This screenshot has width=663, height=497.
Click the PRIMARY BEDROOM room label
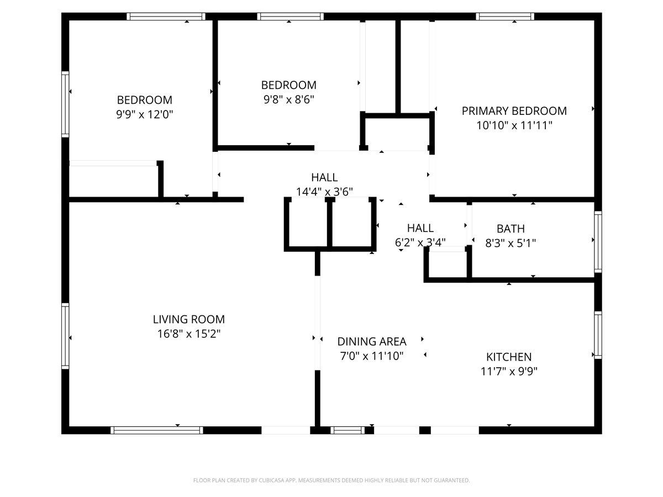tap(514, 111)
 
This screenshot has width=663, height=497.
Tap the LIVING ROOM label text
tap(189, 319)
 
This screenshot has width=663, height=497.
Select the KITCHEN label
tap(509, 357)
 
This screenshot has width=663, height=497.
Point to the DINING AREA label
tap(372, 342)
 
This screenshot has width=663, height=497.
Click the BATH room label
tap(511, 229)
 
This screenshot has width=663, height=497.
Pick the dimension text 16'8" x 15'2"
tap(189, 334)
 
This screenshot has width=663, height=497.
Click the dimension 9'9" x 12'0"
tap(145, 114)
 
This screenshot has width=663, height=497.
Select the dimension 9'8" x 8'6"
tap(288, 99)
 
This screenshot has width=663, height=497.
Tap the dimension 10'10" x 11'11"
tap(514, 125)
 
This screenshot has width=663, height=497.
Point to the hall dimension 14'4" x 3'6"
tap(324, 192)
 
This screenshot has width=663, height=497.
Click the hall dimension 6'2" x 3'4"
tap(420, 242)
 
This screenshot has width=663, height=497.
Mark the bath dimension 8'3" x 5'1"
tap(511, 242)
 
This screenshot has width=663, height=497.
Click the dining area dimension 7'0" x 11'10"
tap(372, 356)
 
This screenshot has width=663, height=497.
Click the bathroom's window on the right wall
tap(598, 241)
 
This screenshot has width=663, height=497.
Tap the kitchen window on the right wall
tap(598, 335)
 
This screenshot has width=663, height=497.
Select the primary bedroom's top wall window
tap(506, 17)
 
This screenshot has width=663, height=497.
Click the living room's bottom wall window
tap(157, 430)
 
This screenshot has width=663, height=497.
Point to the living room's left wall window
tap(65, 336)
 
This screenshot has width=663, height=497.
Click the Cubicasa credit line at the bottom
tap(331, 480)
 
